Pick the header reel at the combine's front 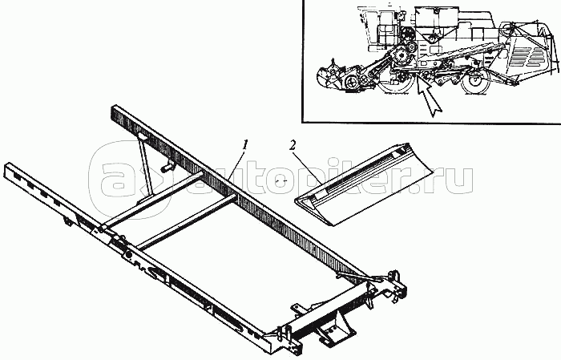pos(336,76)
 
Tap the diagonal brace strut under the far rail pos(145,168)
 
